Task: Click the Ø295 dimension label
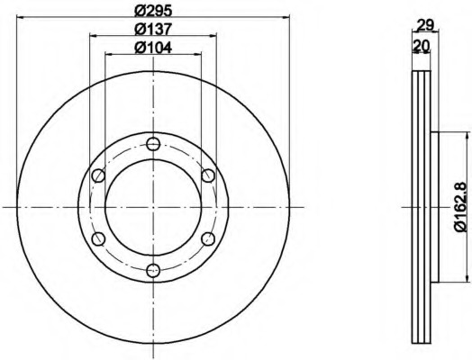(x=153, y=11)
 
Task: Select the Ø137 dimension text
(x=153, y=29)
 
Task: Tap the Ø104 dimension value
(x=153, y=48)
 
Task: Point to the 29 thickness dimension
(x=425, y=25)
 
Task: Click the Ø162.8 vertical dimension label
(x=462, y=207)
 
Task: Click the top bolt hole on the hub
(x=153, y=144)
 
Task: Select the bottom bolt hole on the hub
(x=153, y=271)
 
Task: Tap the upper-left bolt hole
(x=98, y=175)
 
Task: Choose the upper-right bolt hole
(x=208, y=175)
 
